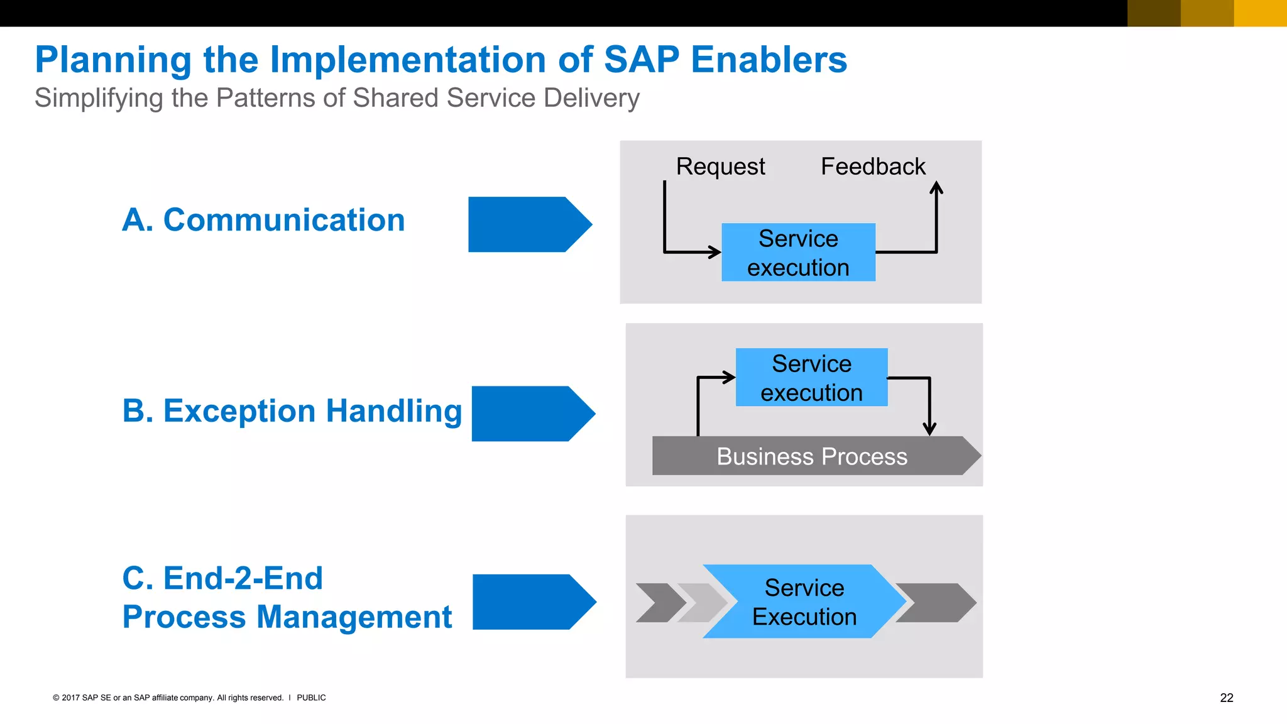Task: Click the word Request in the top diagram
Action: click(x=720, y=167)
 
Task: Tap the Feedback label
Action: click(x=873, y=167)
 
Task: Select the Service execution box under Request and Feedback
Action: click(x=798, y=253)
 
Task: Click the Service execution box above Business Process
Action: click(x=811, y=378)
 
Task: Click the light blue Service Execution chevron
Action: click(x=804, y=602)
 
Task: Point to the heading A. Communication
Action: click(x=263, y=221)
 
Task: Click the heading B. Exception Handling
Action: click(x=292, y=412)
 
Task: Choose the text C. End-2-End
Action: click(x=222, y=578)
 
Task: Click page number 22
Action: click(x=1226, y=698)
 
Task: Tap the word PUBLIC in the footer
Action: click(x=311, y=698)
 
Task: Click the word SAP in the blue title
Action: click(x=641, y=60)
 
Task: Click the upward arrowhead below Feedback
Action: click(x=936, y=187)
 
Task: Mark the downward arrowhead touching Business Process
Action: click(x=929, y=429)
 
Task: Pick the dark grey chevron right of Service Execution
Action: click(x=935, y=603)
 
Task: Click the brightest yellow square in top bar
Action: click(x=1260, y=13)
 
